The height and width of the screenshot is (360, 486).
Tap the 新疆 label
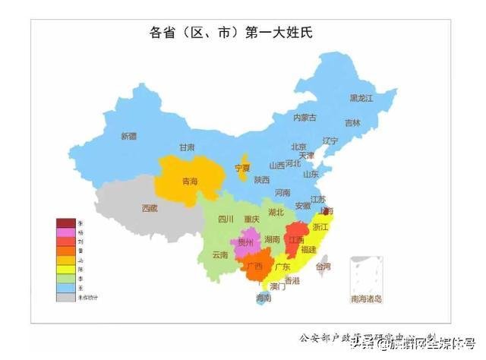click(x=128, y=136)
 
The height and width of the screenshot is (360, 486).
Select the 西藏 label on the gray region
click(x=150, y=207)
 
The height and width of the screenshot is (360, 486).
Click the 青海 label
click(x=189, y=182)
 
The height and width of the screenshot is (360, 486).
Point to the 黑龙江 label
click(x=361, y=98)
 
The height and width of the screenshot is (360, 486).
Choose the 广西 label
click(x=254, y=266)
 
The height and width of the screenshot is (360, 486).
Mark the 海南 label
click(x=264, y=299)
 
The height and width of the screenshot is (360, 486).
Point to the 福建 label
click(x=308, y=249)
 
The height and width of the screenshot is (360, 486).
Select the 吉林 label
click(x=352, y=122)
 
